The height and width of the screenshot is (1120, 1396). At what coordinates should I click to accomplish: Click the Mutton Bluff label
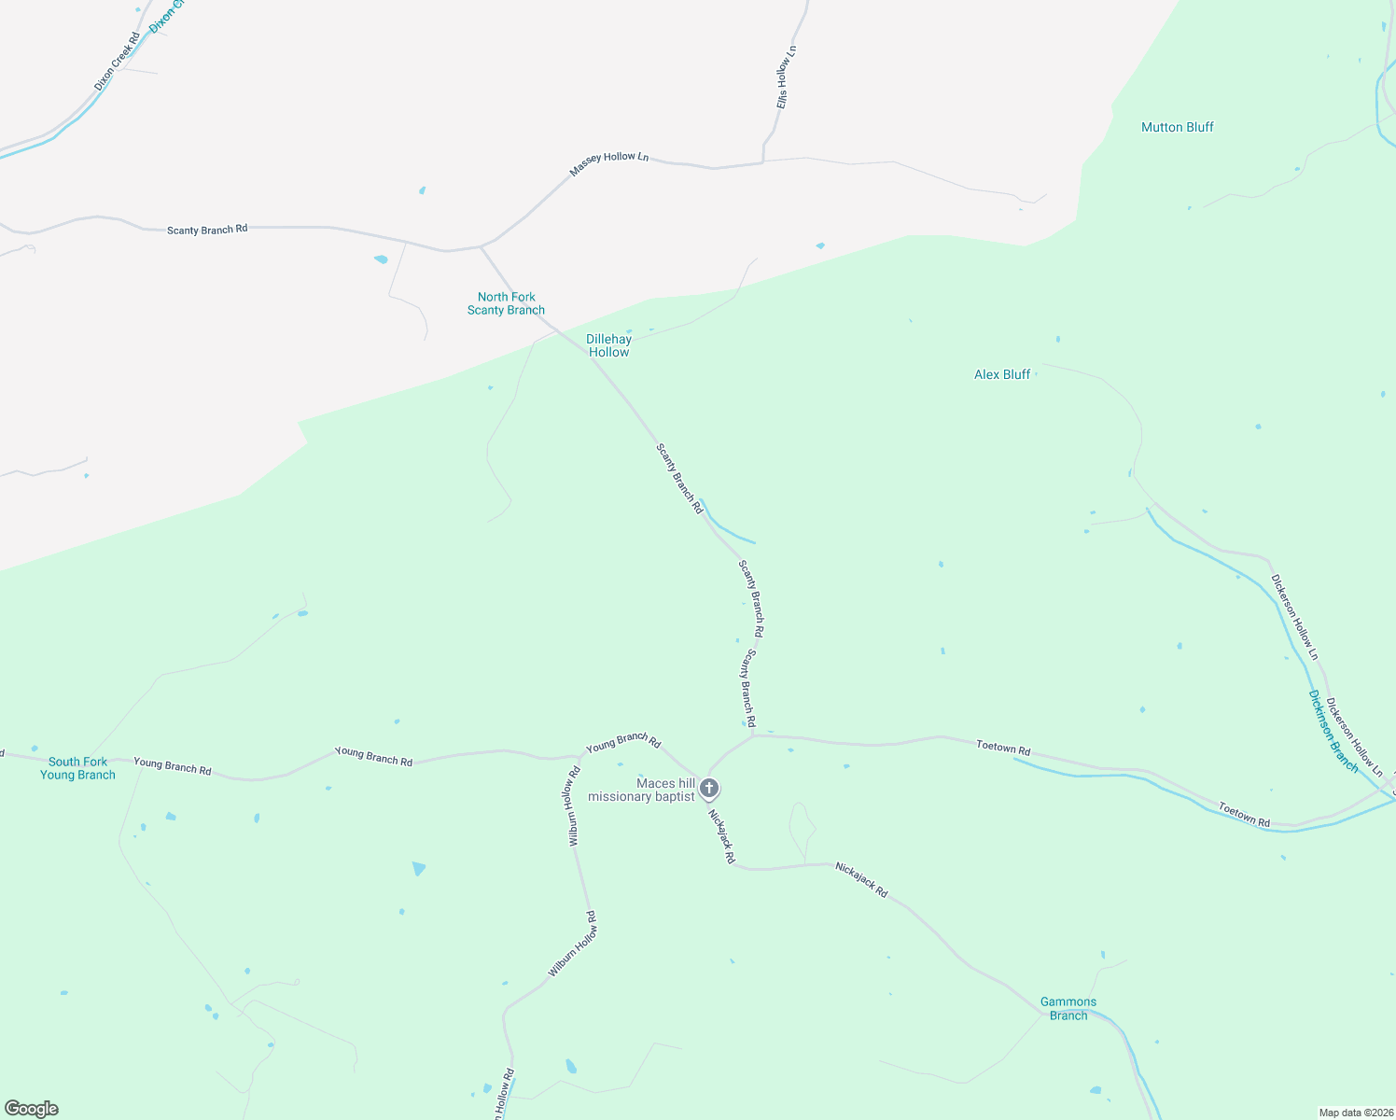1177,127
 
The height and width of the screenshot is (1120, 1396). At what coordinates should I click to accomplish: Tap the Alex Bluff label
1001,374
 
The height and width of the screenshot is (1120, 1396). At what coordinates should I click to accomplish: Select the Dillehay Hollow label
608,345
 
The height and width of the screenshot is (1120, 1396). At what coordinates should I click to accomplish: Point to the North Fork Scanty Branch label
506,303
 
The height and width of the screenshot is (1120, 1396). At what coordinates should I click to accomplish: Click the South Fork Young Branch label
77,768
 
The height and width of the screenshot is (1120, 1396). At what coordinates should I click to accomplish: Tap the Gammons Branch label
1068,1008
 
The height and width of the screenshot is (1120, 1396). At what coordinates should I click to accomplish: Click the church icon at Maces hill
709,789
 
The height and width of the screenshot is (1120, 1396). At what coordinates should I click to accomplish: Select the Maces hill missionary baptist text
641,790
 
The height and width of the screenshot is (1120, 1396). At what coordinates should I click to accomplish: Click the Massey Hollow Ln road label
608,163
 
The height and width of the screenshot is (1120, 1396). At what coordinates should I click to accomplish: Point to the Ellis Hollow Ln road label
786,77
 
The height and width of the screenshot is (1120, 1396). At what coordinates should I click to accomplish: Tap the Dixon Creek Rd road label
117,62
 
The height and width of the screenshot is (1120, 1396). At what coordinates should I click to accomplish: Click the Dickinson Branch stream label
1333,731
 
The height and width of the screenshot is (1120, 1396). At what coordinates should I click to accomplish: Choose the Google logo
32,1109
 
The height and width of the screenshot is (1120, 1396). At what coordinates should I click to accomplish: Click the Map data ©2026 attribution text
1355,1113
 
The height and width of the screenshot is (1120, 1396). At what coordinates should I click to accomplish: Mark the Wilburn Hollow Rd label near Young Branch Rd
574,806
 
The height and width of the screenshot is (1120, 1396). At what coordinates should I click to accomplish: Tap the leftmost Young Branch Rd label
172,766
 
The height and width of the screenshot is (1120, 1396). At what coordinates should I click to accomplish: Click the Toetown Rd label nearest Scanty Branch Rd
1003,747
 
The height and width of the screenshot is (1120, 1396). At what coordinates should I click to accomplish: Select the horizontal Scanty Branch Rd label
207,229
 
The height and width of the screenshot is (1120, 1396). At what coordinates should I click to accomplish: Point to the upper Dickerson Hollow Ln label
1294,617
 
